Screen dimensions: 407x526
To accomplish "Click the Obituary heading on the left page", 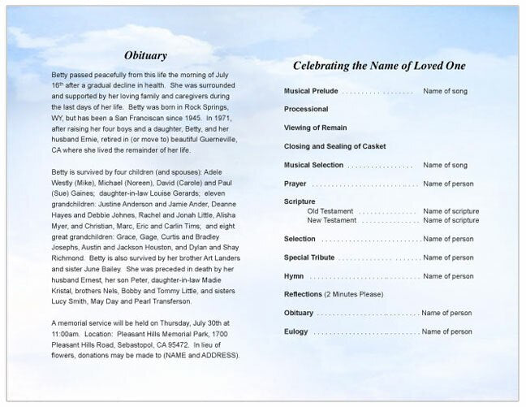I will pyautogui.click(x=146, y=56).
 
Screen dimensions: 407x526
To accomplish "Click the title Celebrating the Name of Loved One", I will pyautogui.click(x=378, y=66).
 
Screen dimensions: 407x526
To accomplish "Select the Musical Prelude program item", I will pyautogui.click(x=311, y=91).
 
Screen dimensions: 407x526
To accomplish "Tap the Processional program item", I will pyautogui.click(x=306, y=109).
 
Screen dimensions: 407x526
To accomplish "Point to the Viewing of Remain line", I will pyautogui.click(x=316, y=128).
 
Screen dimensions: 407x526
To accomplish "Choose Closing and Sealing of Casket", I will pyautogui.click(x=334, y=146).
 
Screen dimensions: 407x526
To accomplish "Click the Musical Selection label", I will pyautogui.click(x=314, y=165).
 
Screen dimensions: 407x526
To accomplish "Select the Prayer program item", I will pyautogui.click(x=295, y=184).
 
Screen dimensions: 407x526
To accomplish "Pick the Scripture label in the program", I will pyautogui.click(x=300, y=201).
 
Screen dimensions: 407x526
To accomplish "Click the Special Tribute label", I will pyautogui.click(x=309, y=258).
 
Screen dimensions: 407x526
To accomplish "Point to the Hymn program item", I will pyautogui.click(x=294, y=276).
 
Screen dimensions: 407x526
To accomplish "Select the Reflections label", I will pyautogui.click(x=303, y=294).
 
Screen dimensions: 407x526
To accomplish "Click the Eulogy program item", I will pyautogui.click(x=295, y=331).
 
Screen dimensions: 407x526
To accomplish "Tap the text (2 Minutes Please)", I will pyautogui.click(x=354, y=294).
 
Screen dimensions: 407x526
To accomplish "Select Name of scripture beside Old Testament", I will pyautogui.click(x=451, y=211).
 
